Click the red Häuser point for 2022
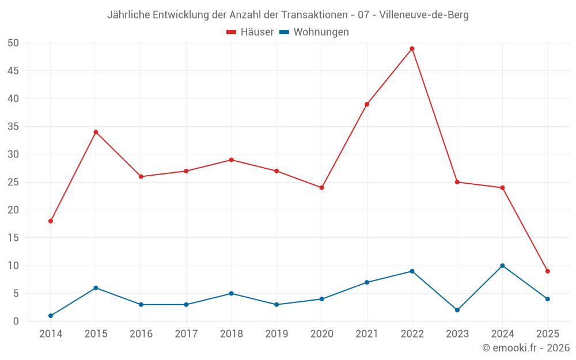(x=412, y=48)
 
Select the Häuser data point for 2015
(x=96, y=132)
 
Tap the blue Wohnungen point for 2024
(x=502, y=266)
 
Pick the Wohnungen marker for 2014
(x=51, y=316)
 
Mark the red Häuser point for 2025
(x=548, y=271)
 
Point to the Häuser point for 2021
(x=367, y=104)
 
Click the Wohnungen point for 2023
(x=457, y=310)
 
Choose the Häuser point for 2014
(x=51, y=221)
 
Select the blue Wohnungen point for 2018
(x=232, y=293)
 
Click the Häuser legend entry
(x=250, y=32)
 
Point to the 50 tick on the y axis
(x=13, y=43)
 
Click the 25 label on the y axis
(x=13, y=183)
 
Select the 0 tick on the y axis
(x=16, y=321)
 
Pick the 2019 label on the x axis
(x=276, y=334)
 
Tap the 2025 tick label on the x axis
(x=548, y=334)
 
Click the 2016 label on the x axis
(x=141, y=334)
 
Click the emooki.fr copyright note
(x=525, y=348)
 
